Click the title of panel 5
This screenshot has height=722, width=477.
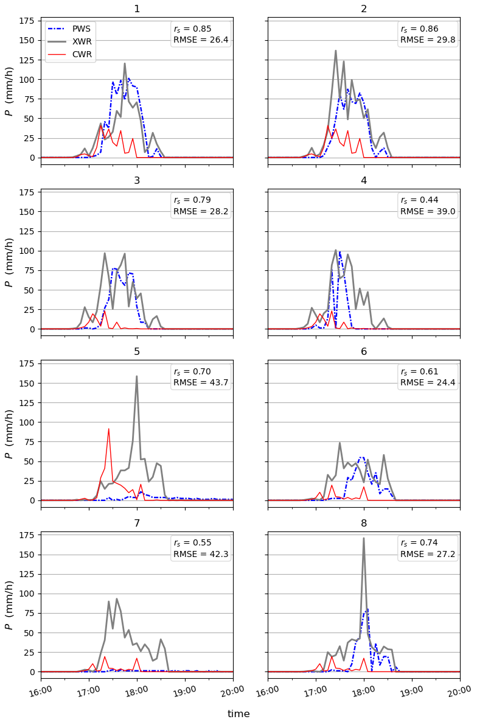137,352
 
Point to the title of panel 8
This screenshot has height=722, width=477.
364,523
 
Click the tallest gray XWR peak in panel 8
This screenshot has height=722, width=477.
364,538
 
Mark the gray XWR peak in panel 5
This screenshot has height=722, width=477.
136,376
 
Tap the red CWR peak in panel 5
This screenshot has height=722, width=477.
108,429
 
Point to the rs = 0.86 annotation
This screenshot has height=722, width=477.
419,29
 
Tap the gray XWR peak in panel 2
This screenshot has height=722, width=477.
335,51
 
